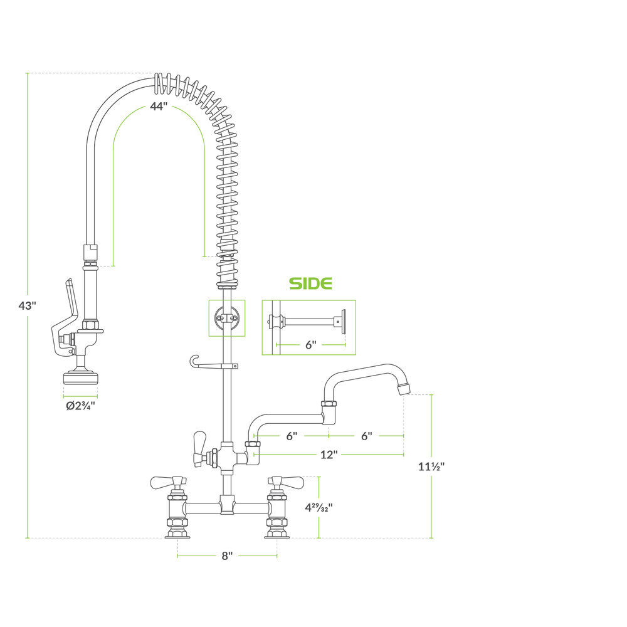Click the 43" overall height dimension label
pyautogui.click(x=27, y=305)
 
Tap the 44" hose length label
pyautogui.click(x=159, y=107)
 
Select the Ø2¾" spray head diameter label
pyautogui.click(x=80, y=406)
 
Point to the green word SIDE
pyautogui.click(x=310, y=283)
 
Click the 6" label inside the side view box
pyautogui.click(x=311, y=345)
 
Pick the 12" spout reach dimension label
pyautogui.click(x=329, y=455)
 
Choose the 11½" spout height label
pyautogui.click(x=431, y=466)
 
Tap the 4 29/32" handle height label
pyautogui.click(x=319, y=507)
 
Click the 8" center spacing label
pyautogui.click(x=227, y=556)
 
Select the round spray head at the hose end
pyautogui.click(x=80, y=378)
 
